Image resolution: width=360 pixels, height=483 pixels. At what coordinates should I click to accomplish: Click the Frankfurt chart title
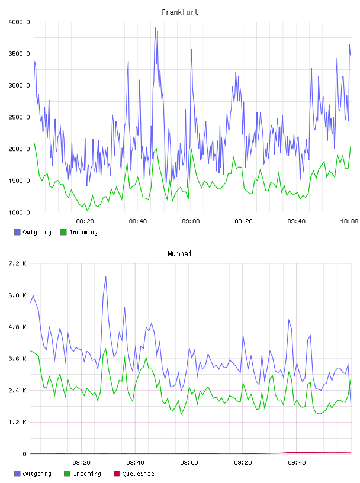point(180,12)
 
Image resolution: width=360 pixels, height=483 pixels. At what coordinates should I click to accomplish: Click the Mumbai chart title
point(179,254)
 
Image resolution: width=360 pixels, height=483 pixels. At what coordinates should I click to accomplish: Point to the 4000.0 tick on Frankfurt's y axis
point(19,22)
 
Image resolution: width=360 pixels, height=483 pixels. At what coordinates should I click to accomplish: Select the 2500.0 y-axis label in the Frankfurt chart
point(19,117)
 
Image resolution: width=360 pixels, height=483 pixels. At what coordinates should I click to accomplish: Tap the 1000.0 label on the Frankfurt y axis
point(19,212)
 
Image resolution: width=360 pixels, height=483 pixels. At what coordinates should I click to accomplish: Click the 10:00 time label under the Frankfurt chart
point(349,221)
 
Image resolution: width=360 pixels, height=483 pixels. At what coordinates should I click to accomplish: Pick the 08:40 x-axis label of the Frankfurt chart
point(138,221)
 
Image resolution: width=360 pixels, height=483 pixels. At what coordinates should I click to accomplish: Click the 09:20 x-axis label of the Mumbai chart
point(243,463)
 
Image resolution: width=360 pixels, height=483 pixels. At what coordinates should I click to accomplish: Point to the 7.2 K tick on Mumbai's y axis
point(17,263)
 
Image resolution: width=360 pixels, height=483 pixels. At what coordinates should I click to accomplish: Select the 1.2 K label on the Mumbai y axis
point(17,422)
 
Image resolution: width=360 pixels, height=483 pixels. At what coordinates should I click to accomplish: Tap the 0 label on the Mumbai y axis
point(25,454)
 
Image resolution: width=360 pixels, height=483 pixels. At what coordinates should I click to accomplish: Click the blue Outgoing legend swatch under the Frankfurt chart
point(17,232)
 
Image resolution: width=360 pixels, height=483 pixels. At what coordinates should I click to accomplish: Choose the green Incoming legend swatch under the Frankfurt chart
point(63,232)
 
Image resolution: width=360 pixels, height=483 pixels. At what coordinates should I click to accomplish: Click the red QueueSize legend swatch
point(117,474)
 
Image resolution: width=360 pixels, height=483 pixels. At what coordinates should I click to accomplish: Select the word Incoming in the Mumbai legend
point(87,474)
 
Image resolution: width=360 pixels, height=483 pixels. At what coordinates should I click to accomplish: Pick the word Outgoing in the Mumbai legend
point(37,474)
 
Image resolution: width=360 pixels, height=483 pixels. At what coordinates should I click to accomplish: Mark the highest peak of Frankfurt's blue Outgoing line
point(156,28)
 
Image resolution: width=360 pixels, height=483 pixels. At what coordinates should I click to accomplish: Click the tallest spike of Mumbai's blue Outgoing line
point(106,276)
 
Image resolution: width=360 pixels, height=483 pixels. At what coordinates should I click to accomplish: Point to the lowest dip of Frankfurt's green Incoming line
point(87,211)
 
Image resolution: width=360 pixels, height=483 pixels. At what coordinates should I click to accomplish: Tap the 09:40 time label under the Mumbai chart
point(297,463)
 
